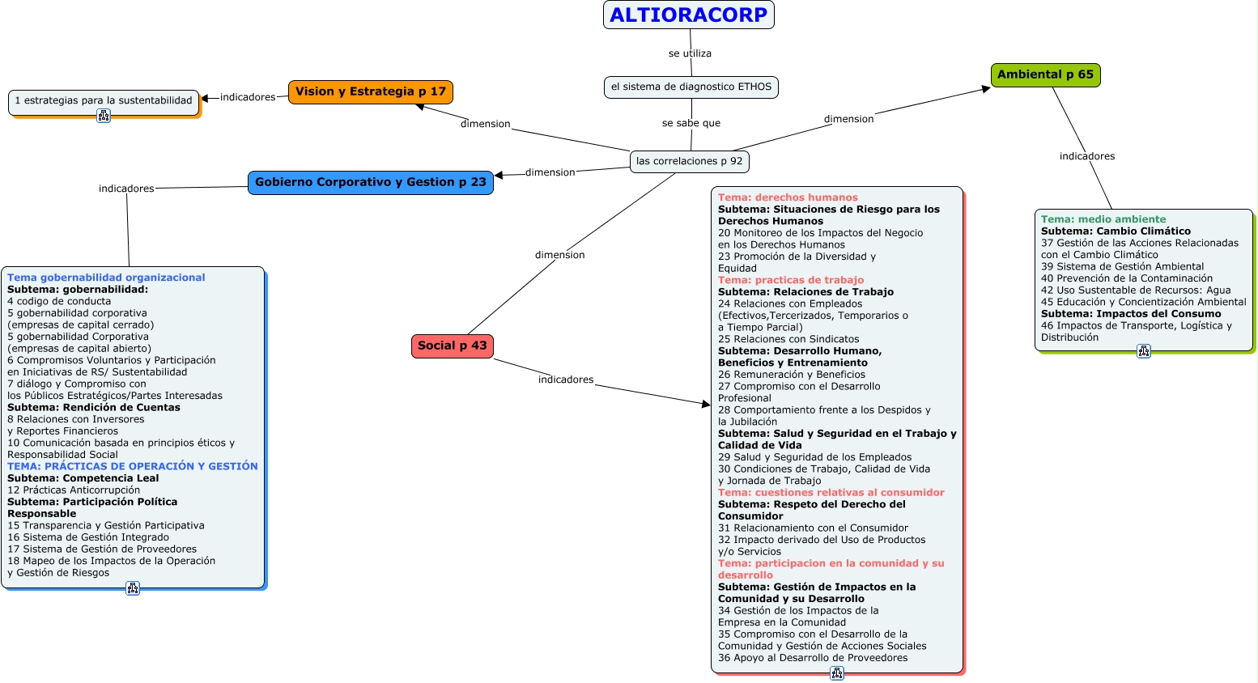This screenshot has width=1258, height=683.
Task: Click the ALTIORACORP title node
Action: point(688,15)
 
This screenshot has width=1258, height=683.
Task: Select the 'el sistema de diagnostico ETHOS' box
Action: point(691,87)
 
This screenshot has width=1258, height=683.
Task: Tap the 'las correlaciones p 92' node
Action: point(689,161)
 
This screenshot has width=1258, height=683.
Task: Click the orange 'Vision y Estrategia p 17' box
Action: point(370,91)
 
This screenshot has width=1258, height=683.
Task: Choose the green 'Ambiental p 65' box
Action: point(1045,74)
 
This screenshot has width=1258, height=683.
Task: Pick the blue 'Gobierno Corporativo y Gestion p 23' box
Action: point(370,182)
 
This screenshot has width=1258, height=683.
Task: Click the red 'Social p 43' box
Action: point(452,346)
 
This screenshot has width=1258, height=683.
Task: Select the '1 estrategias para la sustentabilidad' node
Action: point(104,101)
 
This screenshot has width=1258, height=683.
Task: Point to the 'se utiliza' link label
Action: point(690,53)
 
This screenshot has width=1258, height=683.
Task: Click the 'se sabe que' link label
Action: point(691,123)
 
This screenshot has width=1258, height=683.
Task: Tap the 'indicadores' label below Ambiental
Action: point(1086,156)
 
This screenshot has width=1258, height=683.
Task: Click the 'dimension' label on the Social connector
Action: point(559,255)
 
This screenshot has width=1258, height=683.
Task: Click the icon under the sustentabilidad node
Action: point(104,116)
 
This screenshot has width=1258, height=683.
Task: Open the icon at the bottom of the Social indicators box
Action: point(837,673)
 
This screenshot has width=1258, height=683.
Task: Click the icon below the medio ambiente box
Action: point(1143,351)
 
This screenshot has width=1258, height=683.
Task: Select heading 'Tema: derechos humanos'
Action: point(787,197)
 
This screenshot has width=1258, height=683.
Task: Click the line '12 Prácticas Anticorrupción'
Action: point(74,490)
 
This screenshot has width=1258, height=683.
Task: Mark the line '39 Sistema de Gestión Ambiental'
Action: point(1122,266)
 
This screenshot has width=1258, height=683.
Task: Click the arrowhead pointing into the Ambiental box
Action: point(986,88)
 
